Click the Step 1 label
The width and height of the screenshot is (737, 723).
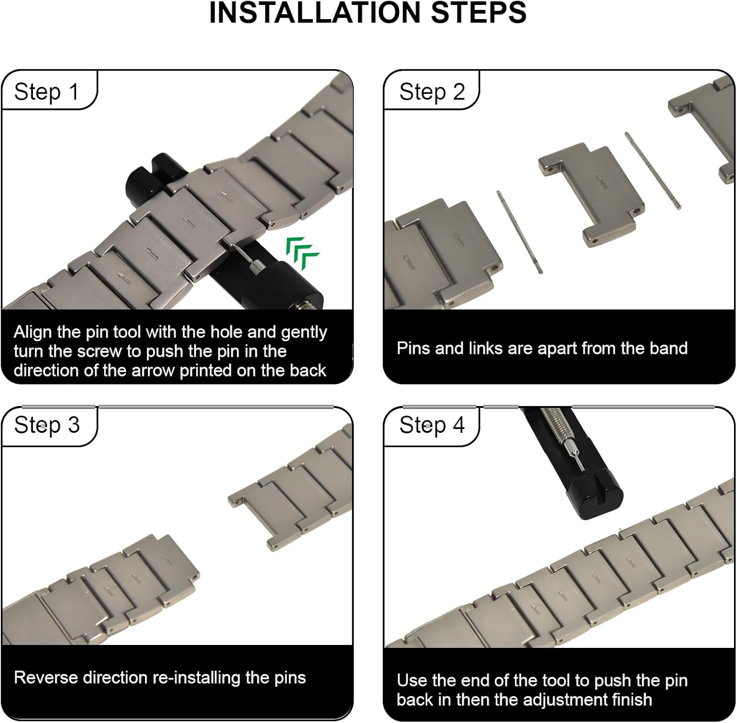tap(46, 92)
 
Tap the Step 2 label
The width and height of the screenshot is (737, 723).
tap(432, 92)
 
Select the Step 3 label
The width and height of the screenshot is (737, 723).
tap(47, 425)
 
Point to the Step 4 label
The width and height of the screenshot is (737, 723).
tap(432, 425)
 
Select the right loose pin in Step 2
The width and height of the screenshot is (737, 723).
tap(652, 170)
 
